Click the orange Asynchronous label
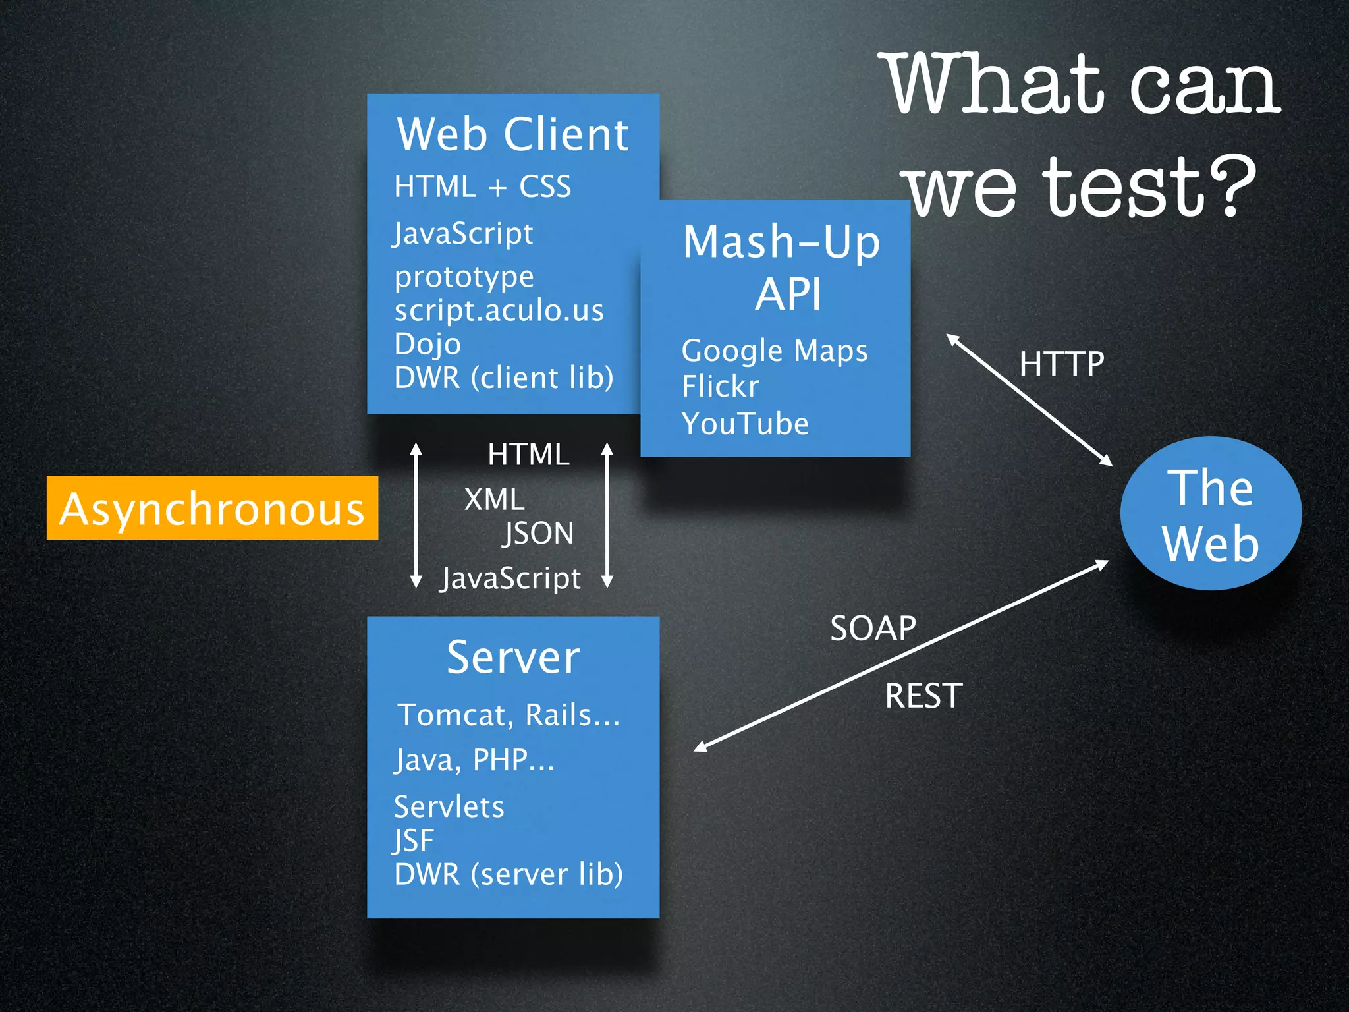tap(212, 509)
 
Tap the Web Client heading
tap(512, 134)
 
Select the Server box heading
tap(512, 658)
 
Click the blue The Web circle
tap(1211, 514)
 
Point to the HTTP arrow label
tap(1061, 364)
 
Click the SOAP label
tap(873, 629)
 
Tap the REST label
tap(923, 696)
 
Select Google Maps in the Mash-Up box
tap(775, 351)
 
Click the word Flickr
tap(720, 386)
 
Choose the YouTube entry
tap(745, 424)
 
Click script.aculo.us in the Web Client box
tap(499, 310)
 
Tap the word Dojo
tap(427, 344)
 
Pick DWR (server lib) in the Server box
tap(509, 874)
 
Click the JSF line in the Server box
tap(414, 841)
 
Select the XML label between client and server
tap(494, 499)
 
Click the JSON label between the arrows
tap(538, 533)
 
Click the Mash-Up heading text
tap(781, 242)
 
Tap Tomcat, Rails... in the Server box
tap(509, 715)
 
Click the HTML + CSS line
tap(482, 186)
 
